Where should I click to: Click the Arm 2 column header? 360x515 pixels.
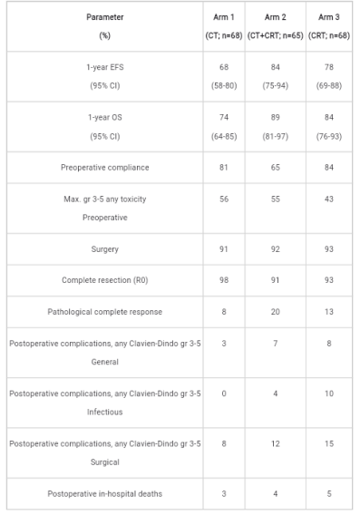tap(276, 26)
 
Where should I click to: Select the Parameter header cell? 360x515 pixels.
tap(105, 26)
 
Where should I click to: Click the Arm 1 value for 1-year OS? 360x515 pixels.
tap(224, 117)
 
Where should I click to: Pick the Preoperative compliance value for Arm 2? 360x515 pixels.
tap(276, 167)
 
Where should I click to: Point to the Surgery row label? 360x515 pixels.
tap(105, 249)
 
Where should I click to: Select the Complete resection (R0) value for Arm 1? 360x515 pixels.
tap(224, 280)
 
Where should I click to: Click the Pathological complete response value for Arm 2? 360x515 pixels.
tap(276, 312)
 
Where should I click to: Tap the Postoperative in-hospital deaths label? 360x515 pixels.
tap(105, 493)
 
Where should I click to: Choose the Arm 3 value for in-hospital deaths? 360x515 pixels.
tap(329, 493)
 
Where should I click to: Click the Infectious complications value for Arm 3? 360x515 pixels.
tap(329, 394)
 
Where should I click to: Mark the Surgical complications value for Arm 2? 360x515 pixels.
tap(276, 443)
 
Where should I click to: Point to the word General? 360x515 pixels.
tap(105, 362)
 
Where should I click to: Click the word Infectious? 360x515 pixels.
tap(105, 412)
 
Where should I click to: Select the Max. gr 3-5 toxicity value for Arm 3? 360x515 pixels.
tap(329, 199)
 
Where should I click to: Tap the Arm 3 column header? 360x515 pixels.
tap(329, 26)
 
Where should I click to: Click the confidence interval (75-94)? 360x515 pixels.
tap(276, 86)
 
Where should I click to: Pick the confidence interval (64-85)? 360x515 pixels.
tap(224, 136)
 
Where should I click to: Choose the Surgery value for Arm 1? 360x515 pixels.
tap(224, 249)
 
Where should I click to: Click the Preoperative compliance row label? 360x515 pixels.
tap(105, 168)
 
